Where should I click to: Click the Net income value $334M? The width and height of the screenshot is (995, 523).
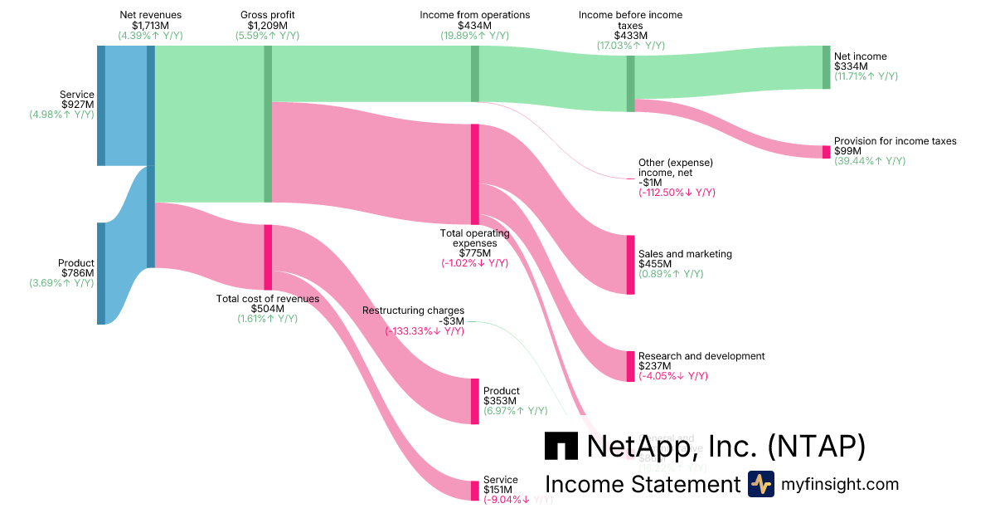(850, 66)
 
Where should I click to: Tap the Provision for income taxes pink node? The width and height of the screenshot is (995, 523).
(826, 152)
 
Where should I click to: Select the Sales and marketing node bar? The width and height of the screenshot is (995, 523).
(630, 264)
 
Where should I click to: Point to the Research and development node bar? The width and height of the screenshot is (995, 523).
(630, 366)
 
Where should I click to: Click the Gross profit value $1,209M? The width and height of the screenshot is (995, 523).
(267, 26)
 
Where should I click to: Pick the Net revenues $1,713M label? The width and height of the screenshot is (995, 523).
(150, 26)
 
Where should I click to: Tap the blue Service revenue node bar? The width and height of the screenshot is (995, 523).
(101, 105)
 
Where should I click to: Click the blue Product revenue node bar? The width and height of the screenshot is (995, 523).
(101, 273)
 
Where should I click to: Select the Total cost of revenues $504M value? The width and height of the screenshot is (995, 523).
(268, 309)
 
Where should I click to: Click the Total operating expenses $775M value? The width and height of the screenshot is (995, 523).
(474, 253)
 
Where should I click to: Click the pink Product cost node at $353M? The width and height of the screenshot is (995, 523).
(475, 401)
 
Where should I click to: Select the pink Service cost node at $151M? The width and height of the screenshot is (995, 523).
(475, 491)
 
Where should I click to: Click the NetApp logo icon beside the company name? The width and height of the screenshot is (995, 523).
(561, 446)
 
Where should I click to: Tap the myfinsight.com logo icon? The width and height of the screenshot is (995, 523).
(760, 484)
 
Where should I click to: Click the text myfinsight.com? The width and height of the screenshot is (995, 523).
(839, 484)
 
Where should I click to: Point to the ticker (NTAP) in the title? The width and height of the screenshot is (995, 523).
(816, 446)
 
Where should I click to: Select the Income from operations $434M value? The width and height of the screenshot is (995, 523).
(474, 26)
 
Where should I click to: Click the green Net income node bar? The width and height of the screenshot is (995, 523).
(826, 67)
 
